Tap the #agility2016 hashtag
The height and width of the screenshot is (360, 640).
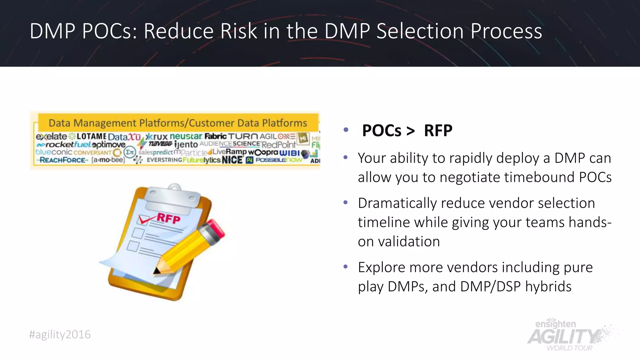click(60, 335)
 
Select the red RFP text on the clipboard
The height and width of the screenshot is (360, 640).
click(168, 218)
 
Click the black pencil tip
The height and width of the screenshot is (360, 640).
click(157, 271)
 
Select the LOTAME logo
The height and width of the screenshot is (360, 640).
click(91, 137)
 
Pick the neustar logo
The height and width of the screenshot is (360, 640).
click(186, 137)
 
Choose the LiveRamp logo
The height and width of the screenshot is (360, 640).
click(230, 152)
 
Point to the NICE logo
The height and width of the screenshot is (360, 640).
click(232, 160)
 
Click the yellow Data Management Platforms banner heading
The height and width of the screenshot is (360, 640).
click(178, 123)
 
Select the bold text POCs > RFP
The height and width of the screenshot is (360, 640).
click(407, 131)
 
